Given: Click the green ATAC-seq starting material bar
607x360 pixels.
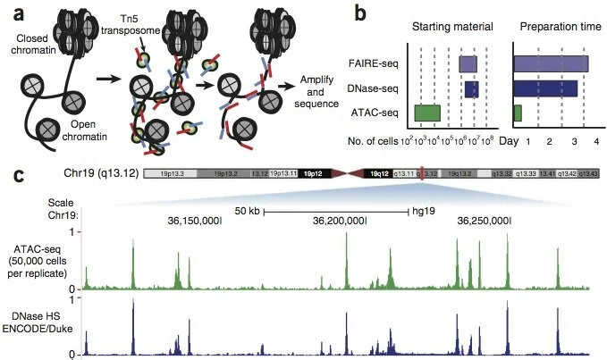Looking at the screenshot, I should pyautogui.click(x=427, y=113).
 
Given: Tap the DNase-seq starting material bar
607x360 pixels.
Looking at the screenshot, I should pyautogui.click(x=471, y=88).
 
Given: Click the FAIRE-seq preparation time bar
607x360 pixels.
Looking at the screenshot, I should pyautogui.click(x=551, y=64).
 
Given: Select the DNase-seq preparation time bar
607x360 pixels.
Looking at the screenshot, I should pyautogui.click(x=545, y=88).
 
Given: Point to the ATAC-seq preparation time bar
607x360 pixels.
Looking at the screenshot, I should pyautogui.click(x=518, y=113).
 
